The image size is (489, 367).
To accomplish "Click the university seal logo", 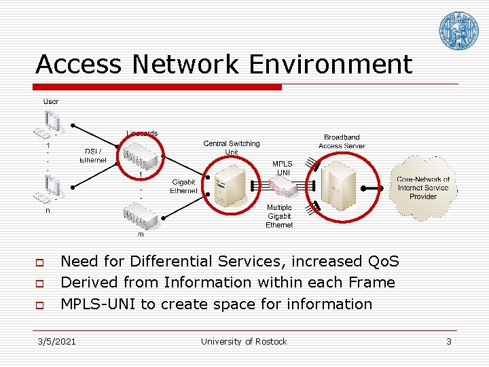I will [x=458, y=31].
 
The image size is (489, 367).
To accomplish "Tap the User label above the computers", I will [x=51, y=101].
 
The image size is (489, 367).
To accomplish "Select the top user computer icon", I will [x=49, y=124].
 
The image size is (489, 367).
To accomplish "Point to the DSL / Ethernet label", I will [x=93, y=156].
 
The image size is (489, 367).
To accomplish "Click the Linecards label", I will [x=142, y=133].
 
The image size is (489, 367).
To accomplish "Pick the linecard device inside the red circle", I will [x=141, y=158].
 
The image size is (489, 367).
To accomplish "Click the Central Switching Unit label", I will [x=232, y=147].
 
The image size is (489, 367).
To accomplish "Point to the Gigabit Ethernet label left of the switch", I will [x=183, y=186].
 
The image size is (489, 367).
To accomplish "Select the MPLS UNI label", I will [x=283, y=169].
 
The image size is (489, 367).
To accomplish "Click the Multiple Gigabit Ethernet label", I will [x=279, y=216].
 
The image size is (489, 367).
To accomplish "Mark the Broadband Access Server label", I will [x=342, y=141].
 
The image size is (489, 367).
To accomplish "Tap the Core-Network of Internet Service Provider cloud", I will [x=422, y=188].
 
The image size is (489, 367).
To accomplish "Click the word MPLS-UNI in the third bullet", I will [x=98, y=304].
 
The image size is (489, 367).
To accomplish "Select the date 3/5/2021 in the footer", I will [x=56, y=341].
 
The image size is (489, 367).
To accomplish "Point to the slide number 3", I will [x=448, y=341].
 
